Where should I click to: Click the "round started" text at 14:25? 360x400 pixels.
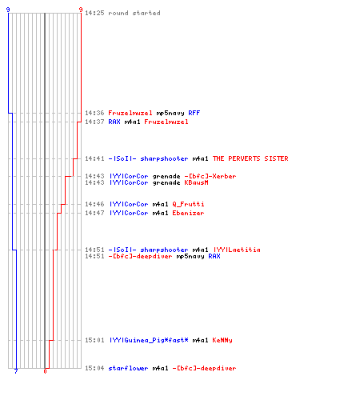pyautogui.click(x=134, y=13)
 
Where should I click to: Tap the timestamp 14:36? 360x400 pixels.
pyautogui.click(x=94, y=113)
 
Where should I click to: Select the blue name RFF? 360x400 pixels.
pyautogui.click(x=194, y=113)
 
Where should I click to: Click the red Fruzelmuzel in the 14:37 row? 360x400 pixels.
pyautogui.click(x=166, y=122)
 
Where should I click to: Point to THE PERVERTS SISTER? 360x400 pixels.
pyautogui.click(x=250, y=158)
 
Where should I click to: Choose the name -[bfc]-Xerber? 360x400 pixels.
pyautogui.click(x=210, y=176)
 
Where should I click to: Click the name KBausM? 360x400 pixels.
pyautogui.click(x=196, y=182)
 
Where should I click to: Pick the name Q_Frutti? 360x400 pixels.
pyautogui.click(x=188, y=204)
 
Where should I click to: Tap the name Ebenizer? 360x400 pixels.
pyautogui.click(x=188, y=213)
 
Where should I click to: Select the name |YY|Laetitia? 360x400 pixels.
pyautogui.click(x=237, y=250)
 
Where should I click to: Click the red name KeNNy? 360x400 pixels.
pyautogui.click(x=222, y=340)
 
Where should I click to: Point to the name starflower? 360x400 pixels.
pyautogui.click(x=128, y=368)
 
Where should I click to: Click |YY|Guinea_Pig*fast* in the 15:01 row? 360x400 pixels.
pyautogui.click(x=149, y=340)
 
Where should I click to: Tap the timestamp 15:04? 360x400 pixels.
pyautogui.click(x=94, y=368)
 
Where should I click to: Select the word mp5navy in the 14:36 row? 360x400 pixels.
pyautogui.click(x=170, y=113)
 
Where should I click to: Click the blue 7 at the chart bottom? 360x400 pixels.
pyautogui.click(x=16, y=371)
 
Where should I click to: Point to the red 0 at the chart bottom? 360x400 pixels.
pyautogui.click(x=45, y=371)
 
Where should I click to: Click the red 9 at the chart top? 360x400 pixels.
pyautogui.click(x=81, y=10)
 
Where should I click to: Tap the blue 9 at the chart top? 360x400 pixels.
pyautogui.click(x=8, y=10)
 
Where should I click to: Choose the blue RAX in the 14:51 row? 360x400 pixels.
pyautogui.click(x=214, y=256)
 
